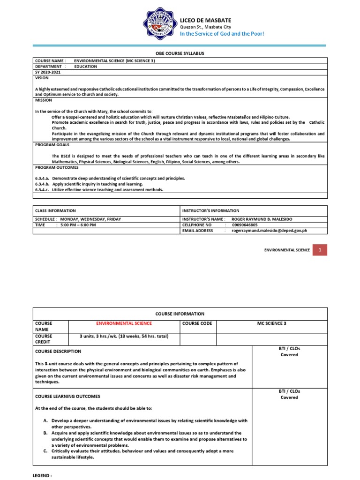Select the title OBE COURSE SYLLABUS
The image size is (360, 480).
click(180, 53)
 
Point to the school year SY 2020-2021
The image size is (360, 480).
click(48, 73)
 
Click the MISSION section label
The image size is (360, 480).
click(44, 100)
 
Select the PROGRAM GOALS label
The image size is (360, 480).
click(52, 145)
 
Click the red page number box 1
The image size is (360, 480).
click(320, 250)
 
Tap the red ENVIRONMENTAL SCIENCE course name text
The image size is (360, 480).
click(124, 323)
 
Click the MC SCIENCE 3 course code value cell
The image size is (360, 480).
click(271, 323)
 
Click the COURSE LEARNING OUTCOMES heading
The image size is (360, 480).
click(67, 396)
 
